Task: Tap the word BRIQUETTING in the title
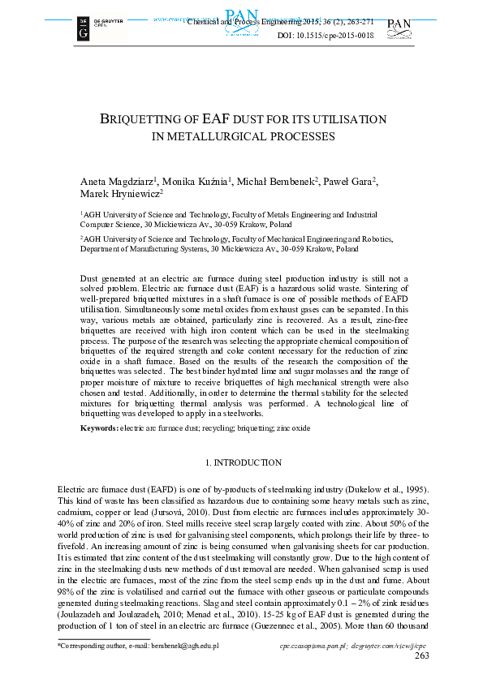point(146,119)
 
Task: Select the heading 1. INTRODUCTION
point(243,462)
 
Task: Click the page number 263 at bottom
point(422,655)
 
